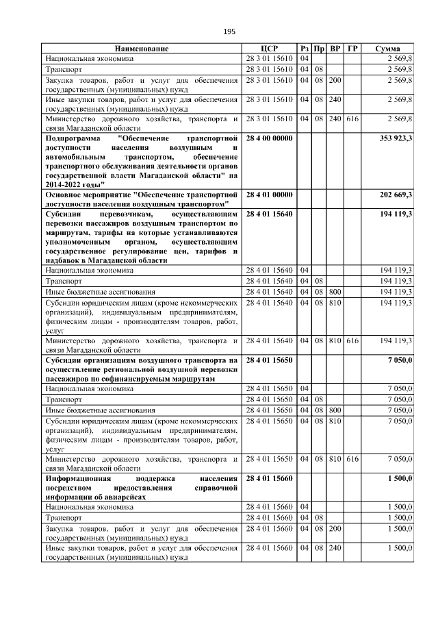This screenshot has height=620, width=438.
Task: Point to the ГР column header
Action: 352,49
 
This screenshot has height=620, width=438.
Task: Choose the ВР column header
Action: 335,49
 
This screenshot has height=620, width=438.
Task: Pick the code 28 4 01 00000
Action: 269,195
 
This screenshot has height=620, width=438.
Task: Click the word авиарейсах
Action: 123,497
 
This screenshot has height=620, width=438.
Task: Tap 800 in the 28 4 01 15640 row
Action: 335,290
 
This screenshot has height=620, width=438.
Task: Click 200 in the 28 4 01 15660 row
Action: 335,529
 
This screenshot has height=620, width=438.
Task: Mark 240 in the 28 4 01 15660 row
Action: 335,548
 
